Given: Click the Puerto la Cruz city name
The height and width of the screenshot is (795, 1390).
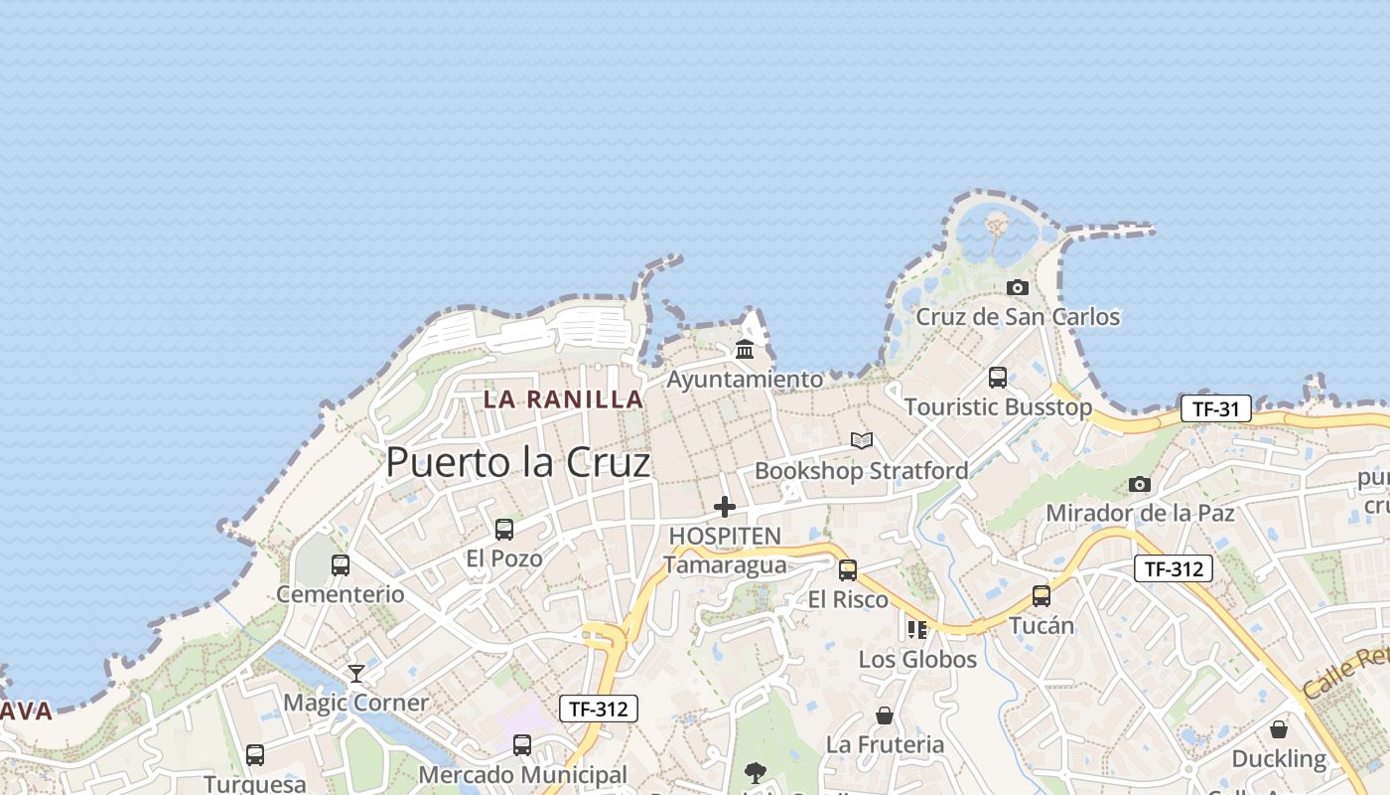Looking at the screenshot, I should coord(517,462).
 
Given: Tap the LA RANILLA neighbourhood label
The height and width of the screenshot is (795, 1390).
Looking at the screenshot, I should coord(563,399).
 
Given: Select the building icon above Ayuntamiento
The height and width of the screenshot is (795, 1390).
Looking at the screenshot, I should coord(745,349).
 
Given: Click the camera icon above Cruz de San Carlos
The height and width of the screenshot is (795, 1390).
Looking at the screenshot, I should coord(1017,287).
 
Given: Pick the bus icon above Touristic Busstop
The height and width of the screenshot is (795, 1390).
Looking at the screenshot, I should coord(998,378).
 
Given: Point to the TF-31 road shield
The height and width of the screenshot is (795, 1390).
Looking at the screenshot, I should coord(1215,408).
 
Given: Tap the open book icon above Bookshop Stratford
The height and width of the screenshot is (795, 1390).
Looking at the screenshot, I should coord(862,440).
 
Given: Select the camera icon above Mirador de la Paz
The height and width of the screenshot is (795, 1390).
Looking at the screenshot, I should coord(1140,484).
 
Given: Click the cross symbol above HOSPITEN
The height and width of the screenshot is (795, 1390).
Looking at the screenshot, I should coord(725,507).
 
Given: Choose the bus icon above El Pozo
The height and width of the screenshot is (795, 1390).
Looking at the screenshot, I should coord(504,529).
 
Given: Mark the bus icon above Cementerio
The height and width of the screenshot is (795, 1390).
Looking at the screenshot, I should coord(341,564).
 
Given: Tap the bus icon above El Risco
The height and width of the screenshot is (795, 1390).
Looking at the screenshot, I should coord(848,569).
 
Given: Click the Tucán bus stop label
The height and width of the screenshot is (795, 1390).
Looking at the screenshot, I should coord(1042,625).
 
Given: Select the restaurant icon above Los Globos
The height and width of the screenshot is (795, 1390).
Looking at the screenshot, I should coord(916,629).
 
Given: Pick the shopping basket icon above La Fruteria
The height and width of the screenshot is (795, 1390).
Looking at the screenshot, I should coord(885,715).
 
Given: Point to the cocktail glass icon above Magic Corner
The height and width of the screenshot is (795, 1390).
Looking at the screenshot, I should coord(355,673).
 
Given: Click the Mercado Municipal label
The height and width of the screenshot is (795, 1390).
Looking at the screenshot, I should coord(522,774).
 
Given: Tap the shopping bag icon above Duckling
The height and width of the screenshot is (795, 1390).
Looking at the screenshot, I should coord(1279,729).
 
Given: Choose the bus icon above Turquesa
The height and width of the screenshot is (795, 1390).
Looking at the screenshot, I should coord(255,754).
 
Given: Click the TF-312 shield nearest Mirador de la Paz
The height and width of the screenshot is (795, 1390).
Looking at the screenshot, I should coord(1173,568).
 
